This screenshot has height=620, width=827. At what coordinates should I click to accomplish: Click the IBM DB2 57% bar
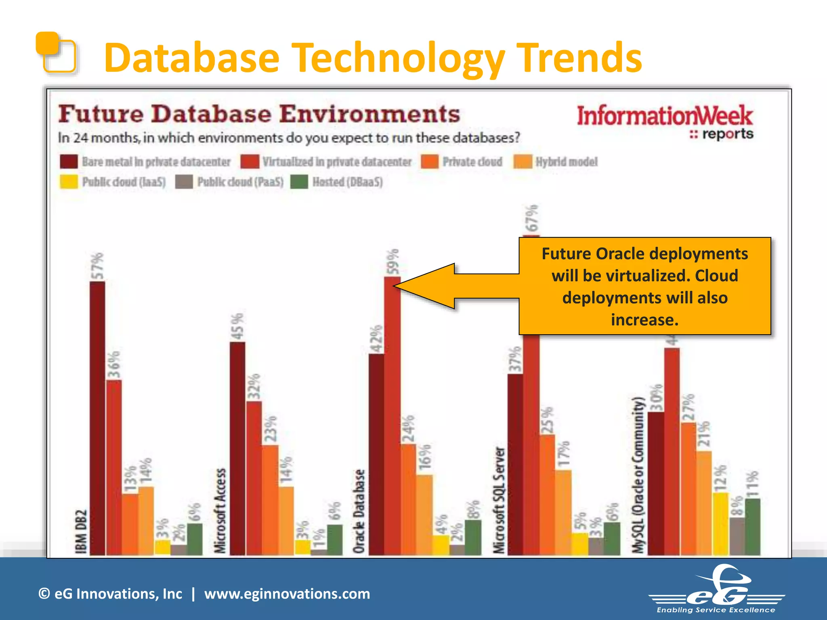coord(97,418)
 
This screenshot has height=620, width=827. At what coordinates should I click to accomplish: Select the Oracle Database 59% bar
coord(392,416)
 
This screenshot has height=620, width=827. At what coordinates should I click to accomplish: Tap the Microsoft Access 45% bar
coord(237,448)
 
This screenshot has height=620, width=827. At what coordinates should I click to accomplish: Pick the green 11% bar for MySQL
coord(753,527)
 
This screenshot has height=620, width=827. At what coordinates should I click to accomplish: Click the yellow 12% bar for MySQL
coord(720,524)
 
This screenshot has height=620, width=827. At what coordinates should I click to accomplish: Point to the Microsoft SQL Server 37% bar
coord(515,464)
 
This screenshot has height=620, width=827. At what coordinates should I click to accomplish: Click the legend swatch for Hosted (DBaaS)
coord(299,182)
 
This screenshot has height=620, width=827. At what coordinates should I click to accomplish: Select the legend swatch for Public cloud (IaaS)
coord(69,182)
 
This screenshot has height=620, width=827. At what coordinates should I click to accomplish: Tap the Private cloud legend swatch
coord(430,162)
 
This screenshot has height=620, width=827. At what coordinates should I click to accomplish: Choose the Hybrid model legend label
coord(567,162)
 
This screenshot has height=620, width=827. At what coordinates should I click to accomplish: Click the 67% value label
coord(532,218)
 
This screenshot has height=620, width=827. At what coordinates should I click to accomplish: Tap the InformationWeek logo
coord(665,121)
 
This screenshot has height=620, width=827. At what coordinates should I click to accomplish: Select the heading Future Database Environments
coord(259,114)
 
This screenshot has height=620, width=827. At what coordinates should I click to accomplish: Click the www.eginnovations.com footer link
coord(287,594)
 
